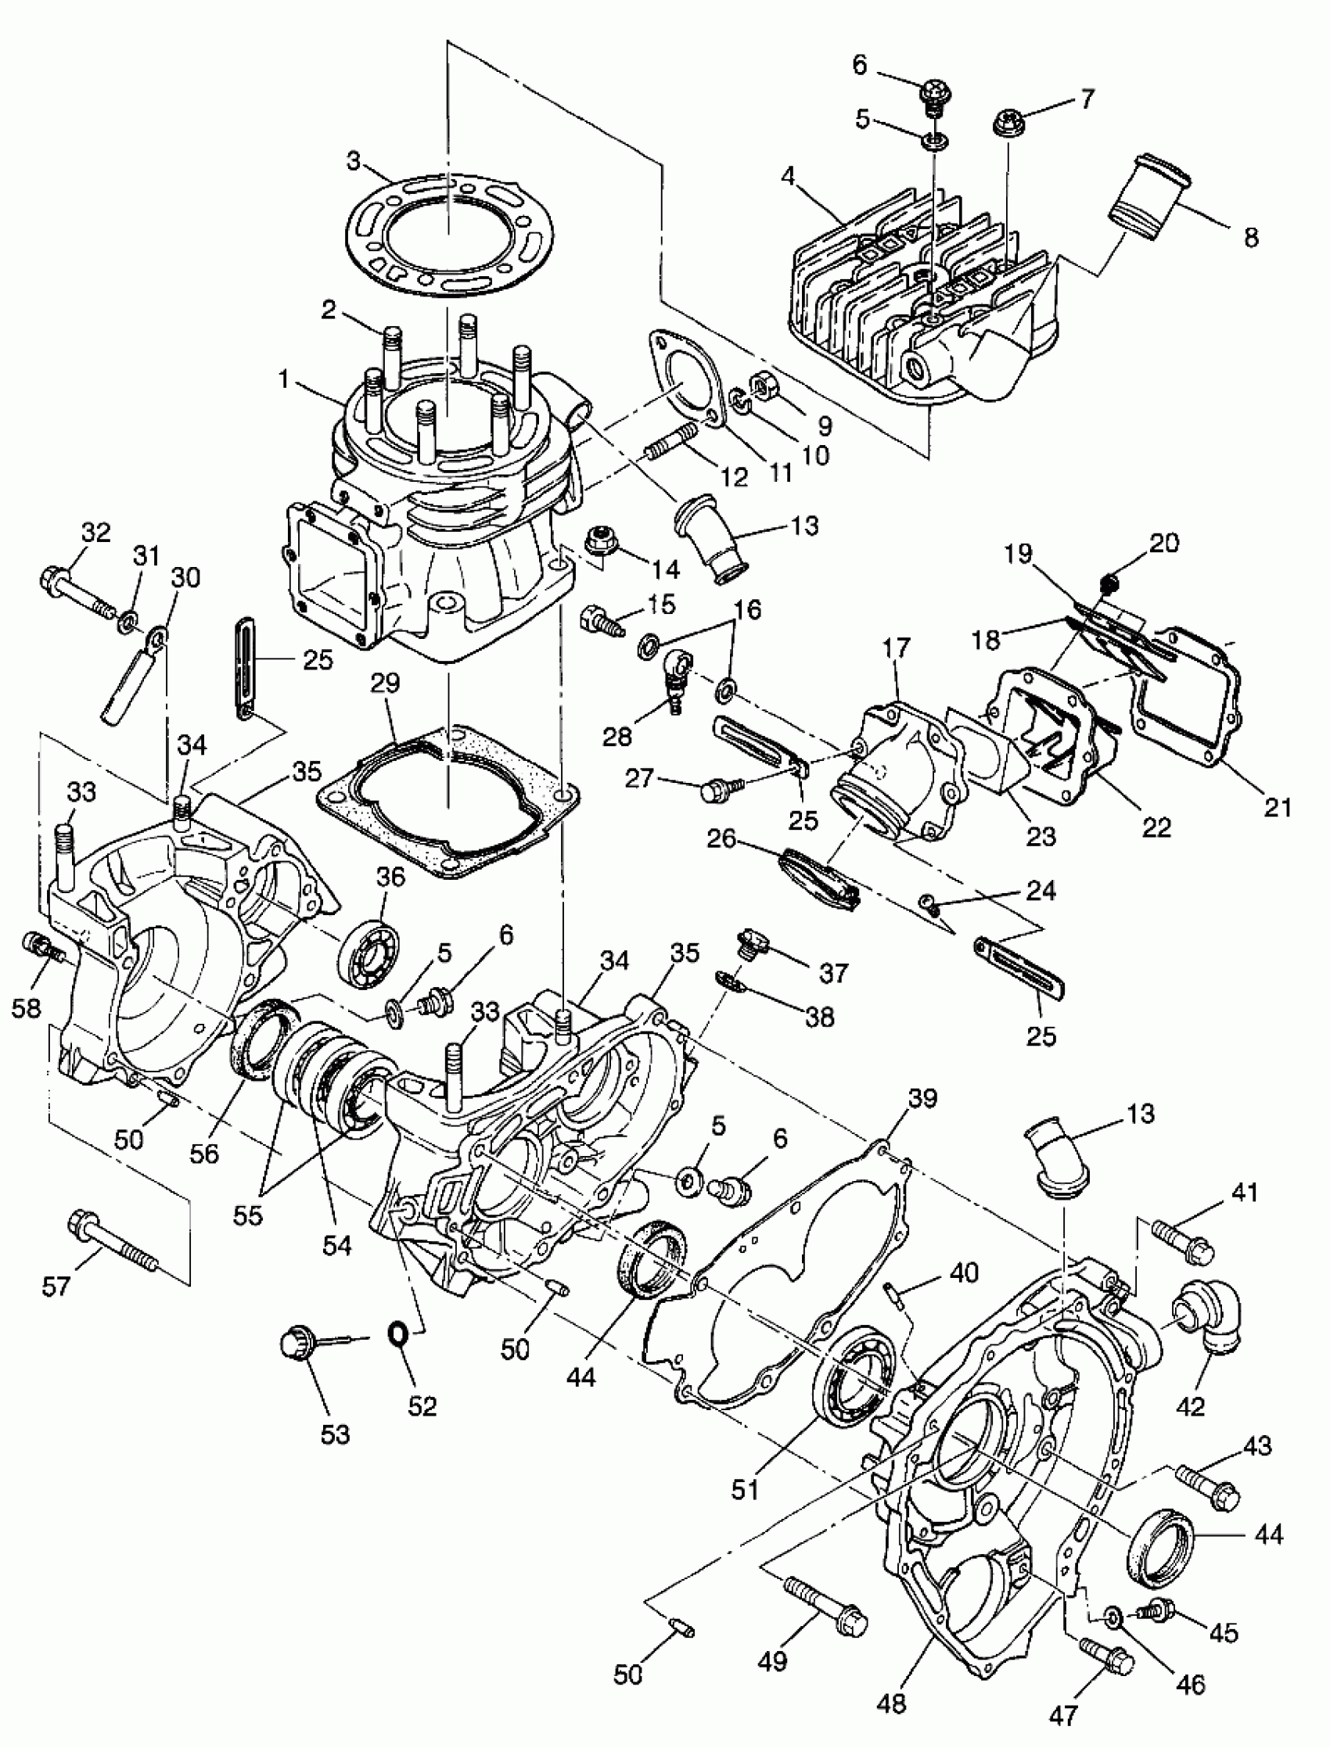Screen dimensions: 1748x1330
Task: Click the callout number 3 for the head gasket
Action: [354, 161]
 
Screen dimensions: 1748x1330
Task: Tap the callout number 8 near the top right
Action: [1251, 238]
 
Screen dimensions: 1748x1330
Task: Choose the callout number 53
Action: [335, 1433]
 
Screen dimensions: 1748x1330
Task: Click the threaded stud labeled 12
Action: [671, 443]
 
